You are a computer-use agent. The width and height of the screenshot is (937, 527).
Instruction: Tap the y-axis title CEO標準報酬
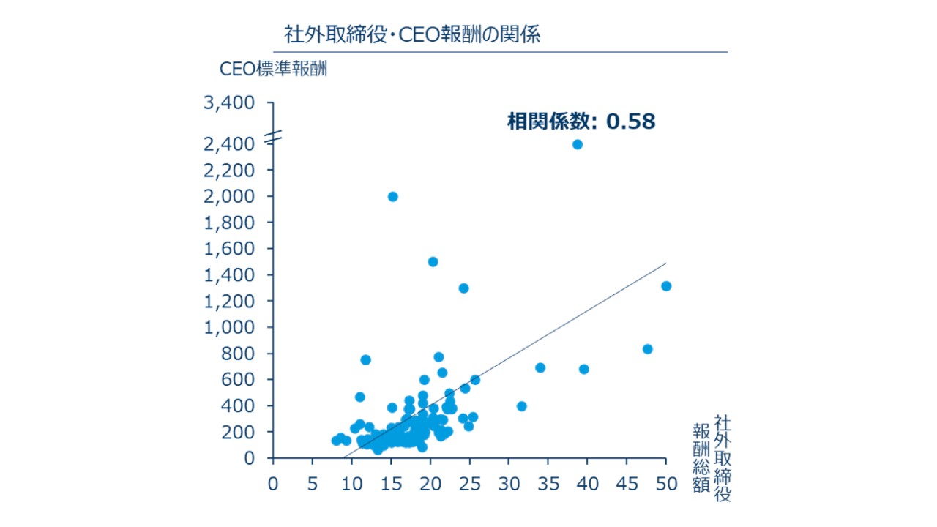click(x=273, y=69)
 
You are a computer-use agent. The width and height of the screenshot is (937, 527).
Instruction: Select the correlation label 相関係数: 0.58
click(x=581, y=122)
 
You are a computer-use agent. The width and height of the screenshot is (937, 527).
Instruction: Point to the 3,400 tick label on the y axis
click(x=229, y=103)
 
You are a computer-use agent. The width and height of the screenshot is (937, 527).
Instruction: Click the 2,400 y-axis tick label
click(x=229, y=144)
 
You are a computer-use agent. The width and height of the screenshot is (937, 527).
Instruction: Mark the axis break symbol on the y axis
click(x=273, y=136)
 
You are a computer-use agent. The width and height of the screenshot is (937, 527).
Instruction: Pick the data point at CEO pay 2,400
click(x=578, y=144)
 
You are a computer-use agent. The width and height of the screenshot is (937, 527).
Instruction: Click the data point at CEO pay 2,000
click(x=392, y=196)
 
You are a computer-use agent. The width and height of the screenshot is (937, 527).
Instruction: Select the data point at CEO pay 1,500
click(x=433, y=262)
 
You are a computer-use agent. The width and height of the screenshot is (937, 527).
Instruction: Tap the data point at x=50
click(x=666, y=286)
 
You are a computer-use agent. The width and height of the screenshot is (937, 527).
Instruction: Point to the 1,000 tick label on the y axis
click(x=229, y=327)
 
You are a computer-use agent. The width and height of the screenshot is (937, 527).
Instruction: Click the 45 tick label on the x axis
click(x=627, y=484)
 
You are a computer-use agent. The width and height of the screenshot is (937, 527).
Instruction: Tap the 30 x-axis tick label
click(x=509, y=484)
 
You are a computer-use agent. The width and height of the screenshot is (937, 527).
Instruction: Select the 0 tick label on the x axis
click(x=273, y=484)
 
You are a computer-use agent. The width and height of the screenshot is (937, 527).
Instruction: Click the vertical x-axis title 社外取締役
click(x=723, y=458)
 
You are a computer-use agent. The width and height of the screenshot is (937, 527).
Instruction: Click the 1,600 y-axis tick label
click(x=229, y=249)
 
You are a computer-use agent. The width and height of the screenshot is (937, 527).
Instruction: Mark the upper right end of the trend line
click(x=666, y=263)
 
